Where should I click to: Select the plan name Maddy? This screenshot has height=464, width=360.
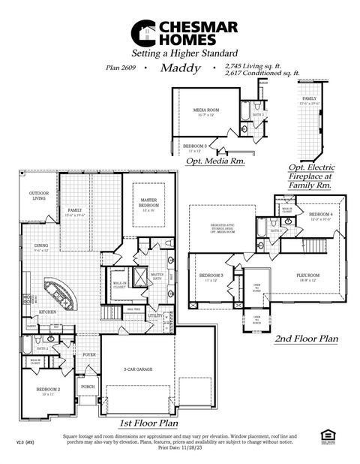click(180, 68)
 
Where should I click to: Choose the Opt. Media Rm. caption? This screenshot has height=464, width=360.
click(211, 161)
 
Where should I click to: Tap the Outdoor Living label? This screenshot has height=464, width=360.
click(38, 196)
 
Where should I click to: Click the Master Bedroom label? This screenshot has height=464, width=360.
click(148, 203)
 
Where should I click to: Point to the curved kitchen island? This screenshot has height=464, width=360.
click(64, 293)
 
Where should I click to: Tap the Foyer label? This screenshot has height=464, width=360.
click(89, 354)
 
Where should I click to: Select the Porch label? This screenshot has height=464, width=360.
click(88, 387)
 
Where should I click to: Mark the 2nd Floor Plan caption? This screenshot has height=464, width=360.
click(305, 339)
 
